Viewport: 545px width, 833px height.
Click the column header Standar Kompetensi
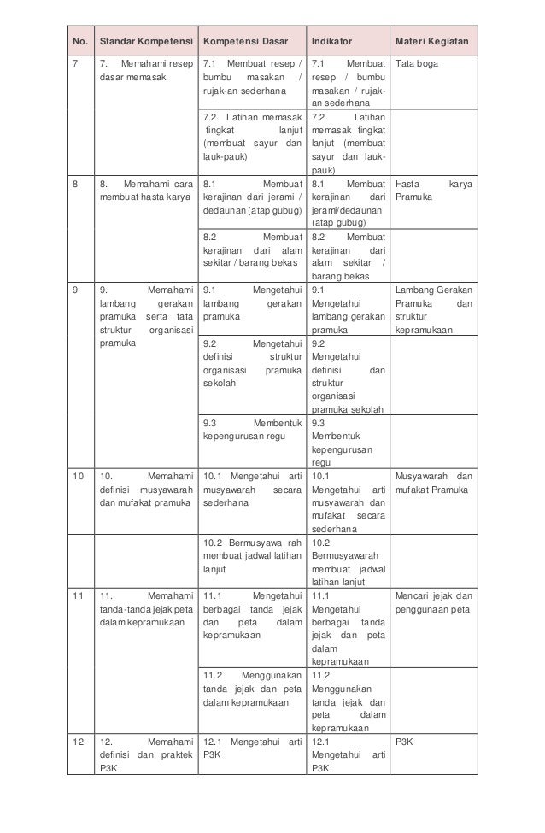[144, 42]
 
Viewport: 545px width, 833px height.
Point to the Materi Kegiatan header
[433, 42]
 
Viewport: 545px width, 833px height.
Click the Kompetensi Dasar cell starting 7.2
[252, 137]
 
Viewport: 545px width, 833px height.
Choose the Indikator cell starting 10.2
[346, 561]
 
